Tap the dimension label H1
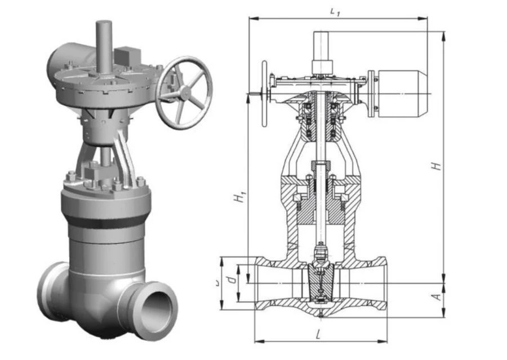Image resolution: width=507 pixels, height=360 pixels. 241,197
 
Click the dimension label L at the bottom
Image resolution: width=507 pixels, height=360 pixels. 319,334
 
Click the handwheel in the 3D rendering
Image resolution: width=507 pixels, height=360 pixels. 184,92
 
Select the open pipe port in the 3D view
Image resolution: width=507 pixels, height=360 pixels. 154,309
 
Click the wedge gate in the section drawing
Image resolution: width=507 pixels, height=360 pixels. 319,282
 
